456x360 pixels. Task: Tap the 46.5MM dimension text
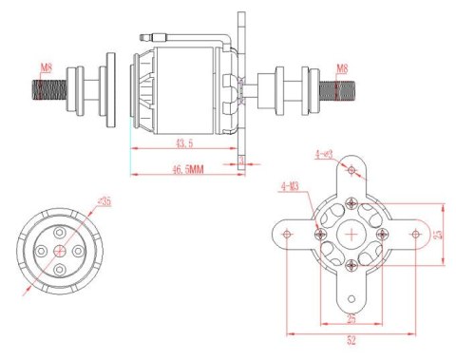[x=188, y=168]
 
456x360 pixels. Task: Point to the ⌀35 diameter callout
[x=104, y=200]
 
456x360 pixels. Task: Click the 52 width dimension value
[x=351, y=340]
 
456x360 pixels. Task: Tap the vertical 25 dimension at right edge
[x=438, y=233]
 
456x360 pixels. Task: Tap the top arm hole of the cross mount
[x=352, y=171]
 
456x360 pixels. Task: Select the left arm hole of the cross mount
[x=288, y=233]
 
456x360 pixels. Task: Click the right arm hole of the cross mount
[x=415, y=233]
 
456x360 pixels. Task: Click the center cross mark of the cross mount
[x=352, y=233]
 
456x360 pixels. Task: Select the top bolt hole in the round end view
[x=60, y=229]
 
